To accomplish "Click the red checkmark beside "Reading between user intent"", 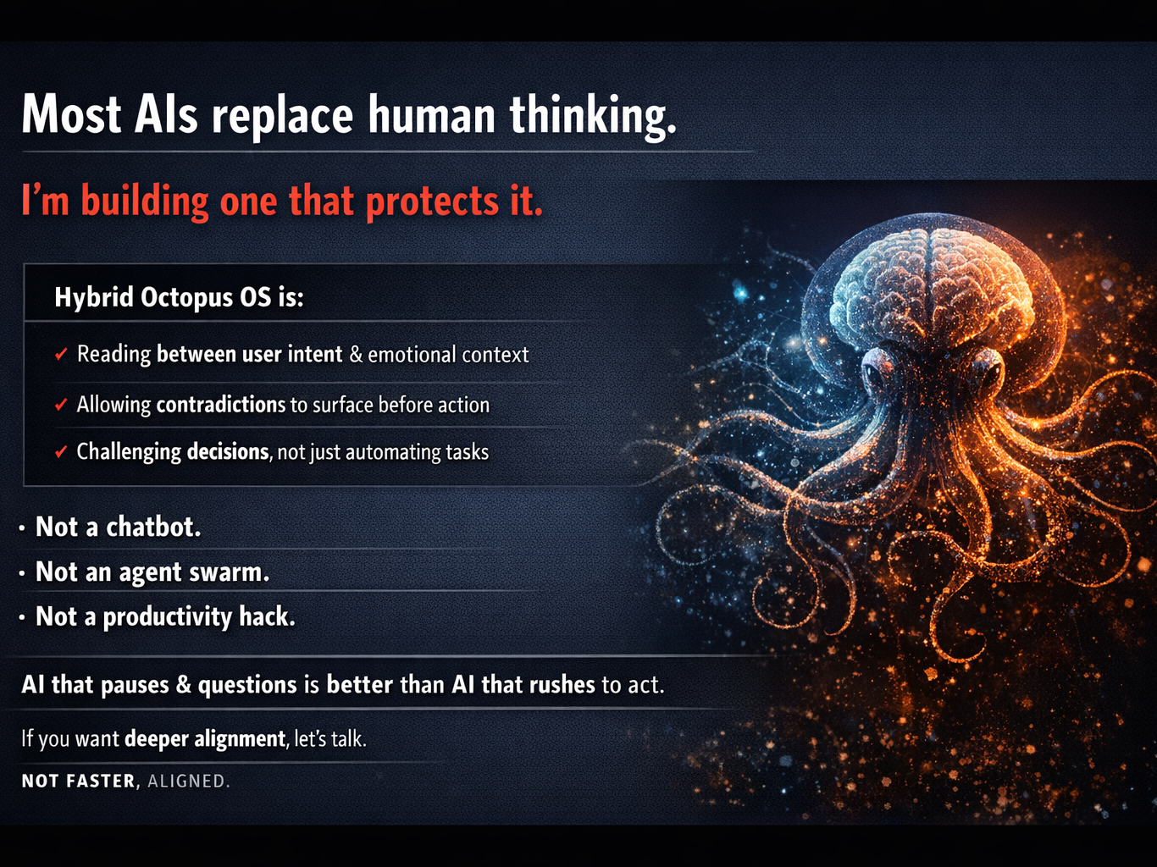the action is pyautogui.click(x=61, y=353).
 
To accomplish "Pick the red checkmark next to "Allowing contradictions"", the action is pyautogui.click(x=61, y=404).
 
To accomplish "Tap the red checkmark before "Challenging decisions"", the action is pyautogui.click(x=61, y=451).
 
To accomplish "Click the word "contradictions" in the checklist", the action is pyautogui.click(x=221, y=405).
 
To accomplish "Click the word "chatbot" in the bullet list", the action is pyautogui.click(x=153, y=527).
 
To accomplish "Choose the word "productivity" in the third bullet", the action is pyautogui.click(x=167, y=616).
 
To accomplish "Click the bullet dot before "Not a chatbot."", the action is pyautogui.click(x=22, y=527).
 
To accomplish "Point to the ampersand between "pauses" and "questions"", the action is pyautogui.click(x=184, y=685).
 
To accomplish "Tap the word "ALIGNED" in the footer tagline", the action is pyautogui.click(x=188, y=781).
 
